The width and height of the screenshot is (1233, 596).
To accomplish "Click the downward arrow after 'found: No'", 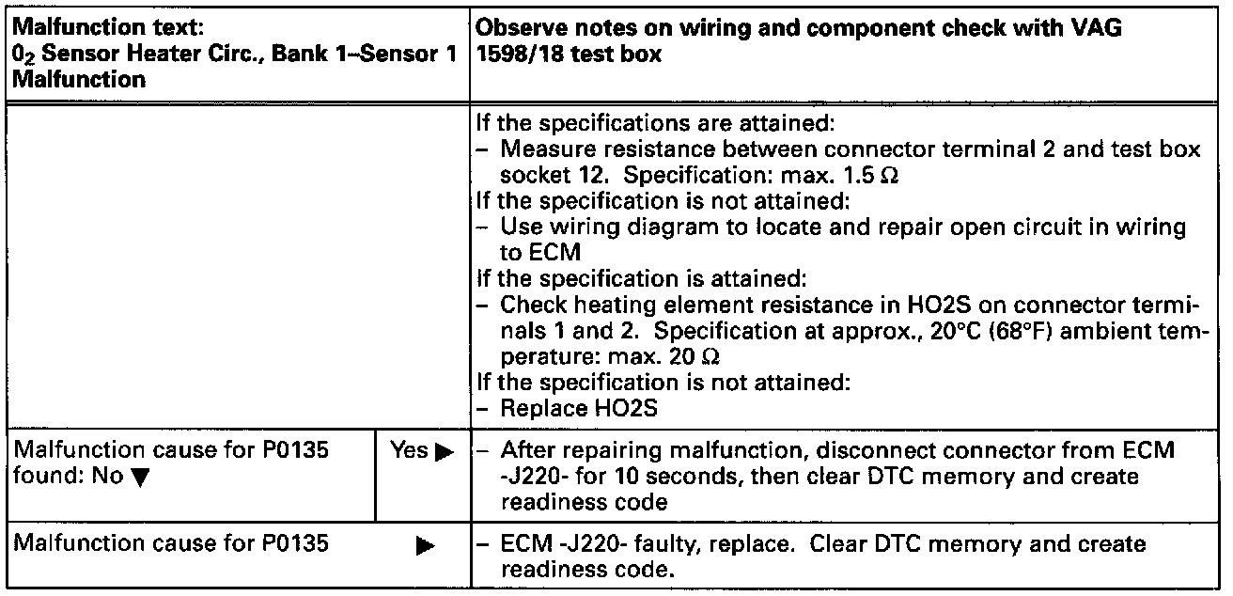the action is click(138, 478).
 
